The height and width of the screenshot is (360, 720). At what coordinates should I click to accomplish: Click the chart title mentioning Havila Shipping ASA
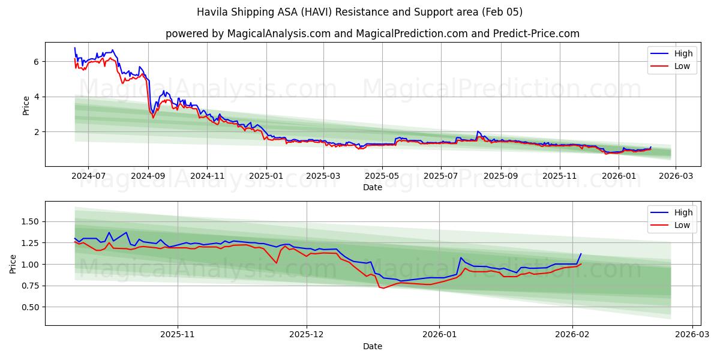(360, 12)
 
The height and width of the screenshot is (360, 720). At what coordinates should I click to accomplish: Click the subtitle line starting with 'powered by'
(372, 34)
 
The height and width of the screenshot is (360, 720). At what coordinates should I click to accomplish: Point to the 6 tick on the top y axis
(37, 62)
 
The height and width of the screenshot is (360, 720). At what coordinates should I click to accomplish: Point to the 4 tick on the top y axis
(37, 97)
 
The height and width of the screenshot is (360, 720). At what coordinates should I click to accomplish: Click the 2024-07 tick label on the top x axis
(88, 176)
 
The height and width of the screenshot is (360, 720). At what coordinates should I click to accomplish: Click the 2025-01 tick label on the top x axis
(265, 176)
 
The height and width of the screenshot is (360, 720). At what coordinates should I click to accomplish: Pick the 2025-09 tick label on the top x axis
(500, 176)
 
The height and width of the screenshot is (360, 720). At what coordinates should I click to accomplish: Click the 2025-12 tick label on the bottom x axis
(307, 335)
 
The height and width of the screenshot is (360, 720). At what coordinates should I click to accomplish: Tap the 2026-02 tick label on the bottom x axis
(572, 335)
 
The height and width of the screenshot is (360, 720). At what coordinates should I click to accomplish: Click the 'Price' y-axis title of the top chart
(26, 104)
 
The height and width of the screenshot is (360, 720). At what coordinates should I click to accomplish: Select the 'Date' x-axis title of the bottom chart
(372, 346)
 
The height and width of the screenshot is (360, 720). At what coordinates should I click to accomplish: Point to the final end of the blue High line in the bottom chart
(581, 254)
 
